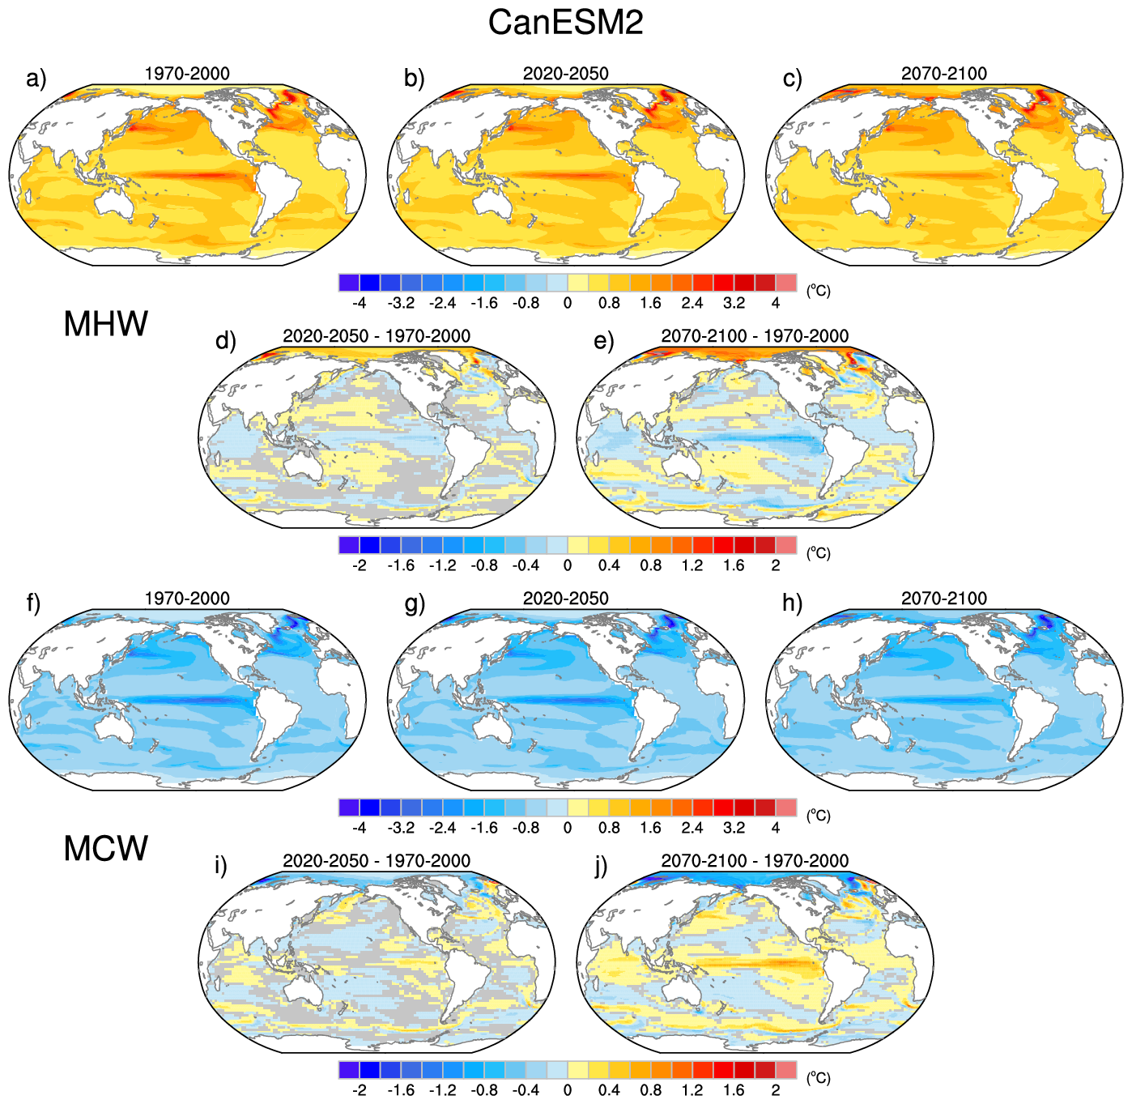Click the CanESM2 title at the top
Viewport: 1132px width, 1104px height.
point(565,22)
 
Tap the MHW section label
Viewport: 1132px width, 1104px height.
point(106,324)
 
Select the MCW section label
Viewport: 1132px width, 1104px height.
point(106,849)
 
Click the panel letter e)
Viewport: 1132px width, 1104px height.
point(604,341)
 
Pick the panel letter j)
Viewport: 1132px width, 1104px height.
point(601,867)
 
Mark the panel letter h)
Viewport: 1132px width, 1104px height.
point(793,603)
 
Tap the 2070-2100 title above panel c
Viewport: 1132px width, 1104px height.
point(944,74)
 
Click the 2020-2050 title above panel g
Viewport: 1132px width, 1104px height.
point(565,599)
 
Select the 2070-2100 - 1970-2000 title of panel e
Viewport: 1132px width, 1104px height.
point(755,336)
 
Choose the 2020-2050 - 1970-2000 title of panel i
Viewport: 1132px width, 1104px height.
point(377,861)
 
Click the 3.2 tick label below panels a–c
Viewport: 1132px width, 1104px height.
point(734,303)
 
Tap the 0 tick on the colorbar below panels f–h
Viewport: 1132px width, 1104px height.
point(567,828)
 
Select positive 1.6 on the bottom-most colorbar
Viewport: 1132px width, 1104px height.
point(734,1090)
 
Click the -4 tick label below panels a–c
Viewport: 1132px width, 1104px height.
point(359,303)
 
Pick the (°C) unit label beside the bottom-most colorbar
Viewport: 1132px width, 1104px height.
point(819,1078)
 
